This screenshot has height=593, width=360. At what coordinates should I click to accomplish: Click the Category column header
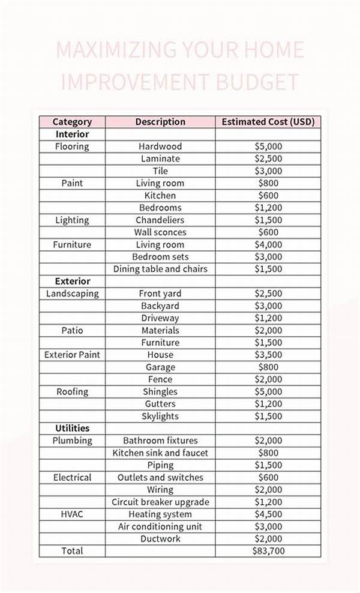(x=72, y=122)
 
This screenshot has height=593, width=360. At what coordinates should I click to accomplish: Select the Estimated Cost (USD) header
(x=268, y=122)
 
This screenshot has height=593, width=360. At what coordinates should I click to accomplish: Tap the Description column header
(x=160, y=122)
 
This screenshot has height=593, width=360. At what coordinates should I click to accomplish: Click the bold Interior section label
(x=72, y=134)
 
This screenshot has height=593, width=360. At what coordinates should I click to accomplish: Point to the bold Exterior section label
(x=73, y=281)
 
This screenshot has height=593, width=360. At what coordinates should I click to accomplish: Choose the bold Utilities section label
(x=73, y=429)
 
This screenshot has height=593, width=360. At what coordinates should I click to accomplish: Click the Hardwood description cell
(x=160, y=146)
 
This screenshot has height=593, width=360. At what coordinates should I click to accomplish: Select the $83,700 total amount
(x=268, y=551)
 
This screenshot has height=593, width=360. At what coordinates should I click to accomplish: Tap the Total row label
(x=72, y=551)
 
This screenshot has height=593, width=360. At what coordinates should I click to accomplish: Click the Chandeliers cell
(x=160, y=220)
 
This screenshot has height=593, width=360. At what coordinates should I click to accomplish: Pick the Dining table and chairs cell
(x=160, y=269)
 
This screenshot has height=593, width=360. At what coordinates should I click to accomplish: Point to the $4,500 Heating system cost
(x=268, y=514)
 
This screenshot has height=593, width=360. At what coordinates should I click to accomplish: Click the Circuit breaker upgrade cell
(x=160, y=502)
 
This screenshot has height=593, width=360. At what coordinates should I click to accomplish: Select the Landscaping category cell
(x=72, y=293)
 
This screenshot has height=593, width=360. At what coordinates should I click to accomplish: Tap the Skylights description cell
(x=160, y=417)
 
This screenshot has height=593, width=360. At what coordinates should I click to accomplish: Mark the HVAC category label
(x=72, y=514)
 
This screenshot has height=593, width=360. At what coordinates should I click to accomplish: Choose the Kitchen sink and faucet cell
(x=160, y=453)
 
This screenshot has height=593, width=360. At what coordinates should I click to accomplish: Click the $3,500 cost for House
(x=268, y=355)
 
